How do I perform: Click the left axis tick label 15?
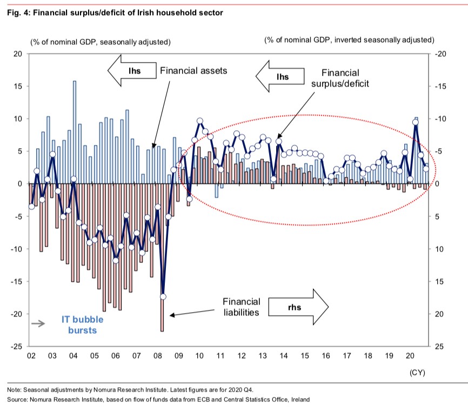pos(18,87)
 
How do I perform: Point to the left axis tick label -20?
pos(16,314)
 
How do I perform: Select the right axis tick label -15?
pos(438,87)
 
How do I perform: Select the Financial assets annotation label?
pos(193,70)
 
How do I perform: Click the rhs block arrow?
pos(297,307)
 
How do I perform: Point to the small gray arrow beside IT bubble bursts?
pos(38,324)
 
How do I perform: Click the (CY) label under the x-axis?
pos(416,373)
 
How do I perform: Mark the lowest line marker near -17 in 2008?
pos(163,296)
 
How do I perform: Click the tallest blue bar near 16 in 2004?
pos(74,133)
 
